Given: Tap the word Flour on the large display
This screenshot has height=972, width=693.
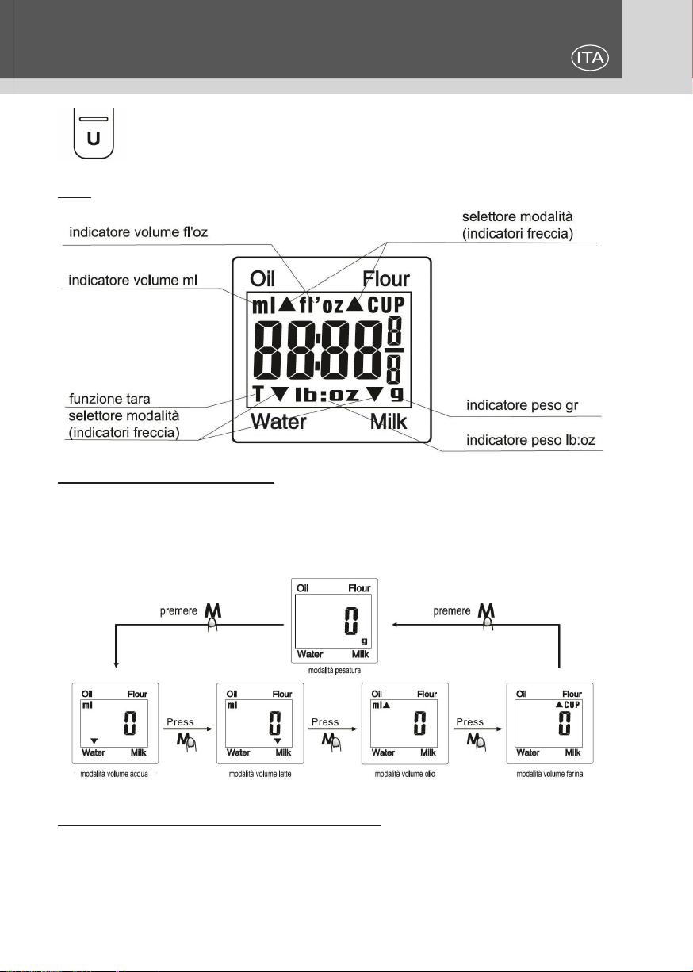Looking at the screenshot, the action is [x=386, y=280].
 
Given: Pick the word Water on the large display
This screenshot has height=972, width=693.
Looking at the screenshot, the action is [x=278, y=422].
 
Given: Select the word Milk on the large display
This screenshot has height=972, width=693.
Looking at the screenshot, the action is [x=389, y=422].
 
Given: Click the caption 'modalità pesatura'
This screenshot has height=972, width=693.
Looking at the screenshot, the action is [x=336, y=669].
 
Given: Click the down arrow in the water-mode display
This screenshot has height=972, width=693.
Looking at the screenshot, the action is [x=94, y=740].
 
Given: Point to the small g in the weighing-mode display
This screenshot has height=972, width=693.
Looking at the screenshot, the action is [x=364, y=640].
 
